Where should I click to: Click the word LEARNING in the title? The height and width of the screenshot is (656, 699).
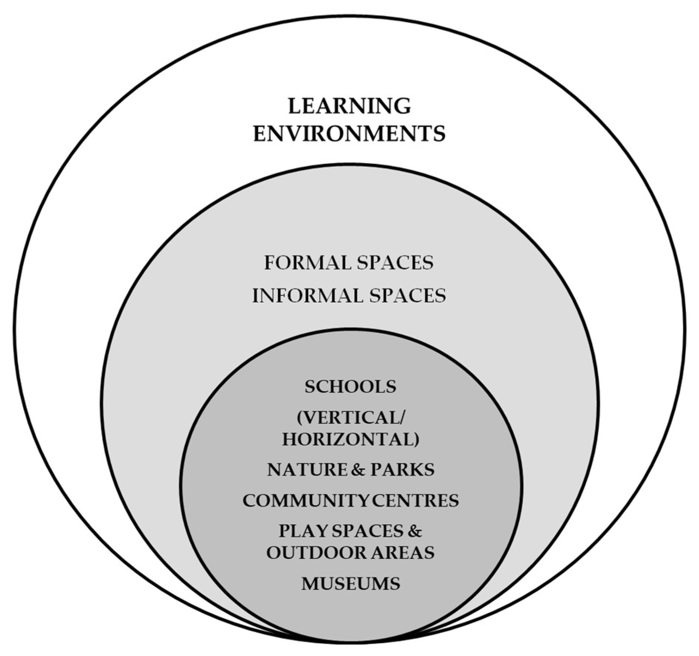pos(349,106)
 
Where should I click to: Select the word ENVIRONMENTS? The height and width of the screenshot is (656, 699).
pos(349,134)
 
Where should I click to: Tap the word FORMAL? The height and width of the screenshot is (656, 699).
pos(307,263)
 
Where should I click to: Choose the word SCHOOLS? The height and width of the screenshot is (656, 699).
pos(350,387)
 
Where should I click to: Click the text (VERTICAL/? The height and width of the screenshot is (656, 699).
pos(350,418)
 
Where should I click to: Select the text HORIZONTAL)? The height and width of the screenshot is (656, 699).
pos(350,440)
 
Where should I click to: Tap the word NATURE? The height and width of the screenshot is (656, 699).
pos(307,470)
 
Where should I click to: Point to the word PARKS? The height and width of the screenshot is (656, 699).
pos(402,470)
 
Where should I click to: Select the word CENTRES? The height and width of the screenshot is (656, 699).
pos(415,501)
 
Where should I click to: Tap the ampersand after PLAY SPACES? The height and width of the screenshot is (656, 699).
pos(415,531)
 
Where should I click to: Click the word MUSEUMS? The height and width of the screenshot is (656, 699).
pos(350,584)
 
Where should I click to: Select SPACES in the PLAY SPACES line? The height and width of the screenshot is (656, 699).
pos(368,531)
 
